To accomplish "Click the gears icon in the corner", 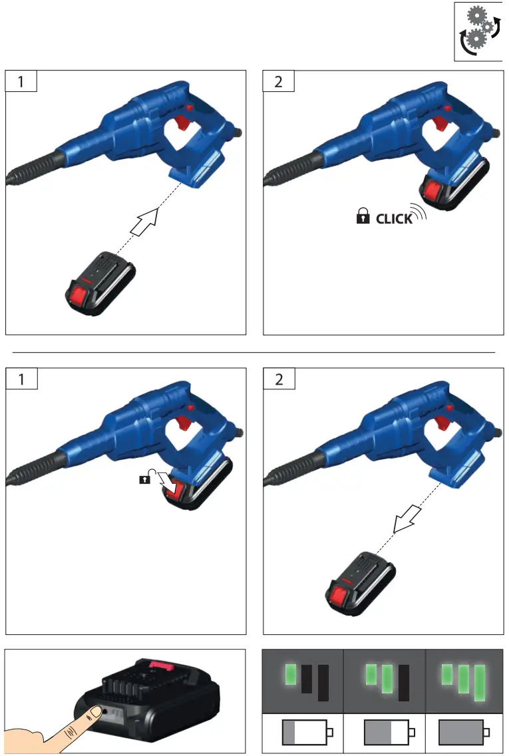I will (478, 32).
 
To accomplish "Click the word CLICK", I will (394, 218).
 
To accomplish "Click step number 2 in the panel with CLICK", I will (278, 82).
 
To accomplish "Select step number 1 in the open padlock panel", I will (21, 379).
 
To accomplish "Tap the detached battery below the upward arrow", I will (100, 282).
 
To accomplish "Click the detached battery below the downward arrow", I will (360, 582).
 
